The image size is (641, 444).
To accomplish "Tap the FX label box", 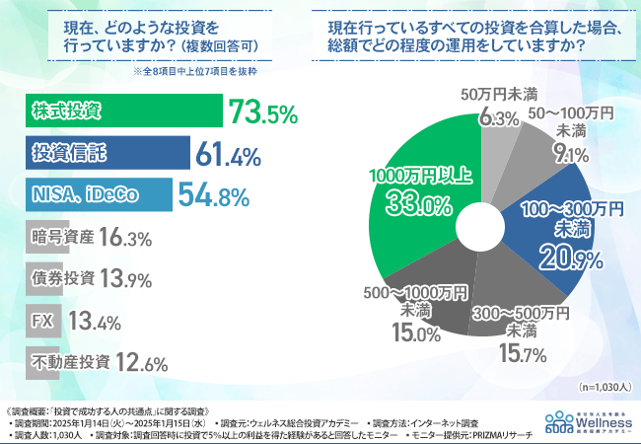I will [40, 321].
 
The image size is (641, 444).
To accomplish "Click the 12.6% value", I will [140, 362].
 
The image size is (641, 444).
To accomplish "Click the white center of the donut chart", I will [480, 219].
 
